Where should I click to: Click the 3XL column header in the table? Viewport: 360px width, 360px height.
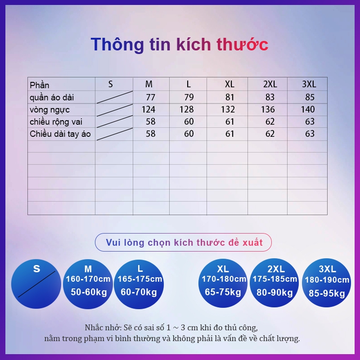point(309,84)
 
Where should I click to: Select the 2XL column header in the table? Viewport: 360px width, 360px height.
point(270,84)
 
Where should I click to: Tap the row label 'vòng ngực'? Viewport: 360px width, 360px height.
point(49,109)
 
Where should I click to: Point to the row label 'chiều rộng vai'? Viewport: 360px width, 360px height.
point(56,121)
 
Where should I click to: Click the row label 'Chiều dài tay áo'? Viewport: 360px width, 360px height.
point(60,134)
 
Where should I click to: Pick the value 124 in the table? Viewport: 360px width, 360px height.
point(148,109)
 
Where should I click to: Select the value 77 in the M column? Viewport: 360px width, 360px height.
point(150,97)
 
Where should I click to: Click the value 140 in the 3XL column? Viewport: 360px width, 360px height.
point(308,109)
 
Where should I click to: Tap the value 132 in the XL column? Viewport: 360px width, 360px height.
point(228,109)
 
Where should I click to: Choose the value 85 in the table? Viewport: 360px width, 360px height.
point(310,97)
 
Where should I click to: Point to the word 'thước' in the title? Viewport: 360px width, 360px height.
point(243,45)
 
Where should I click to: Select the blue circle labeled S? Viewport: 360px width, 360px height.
point(36,284)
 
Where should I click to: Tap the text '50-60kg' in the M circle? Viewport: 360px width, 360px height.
point(88,292)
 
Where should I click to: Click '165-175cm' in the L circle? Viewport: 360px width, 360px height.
point(140,279)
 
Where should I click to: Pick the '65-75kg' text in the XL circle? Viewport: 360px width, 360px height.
point(224,292)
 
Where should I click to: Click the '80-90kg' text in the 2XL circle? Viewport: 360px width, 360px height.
point(275,292)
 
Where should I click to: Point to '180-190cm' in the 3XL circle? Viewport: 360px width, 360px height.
point(327,280)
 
